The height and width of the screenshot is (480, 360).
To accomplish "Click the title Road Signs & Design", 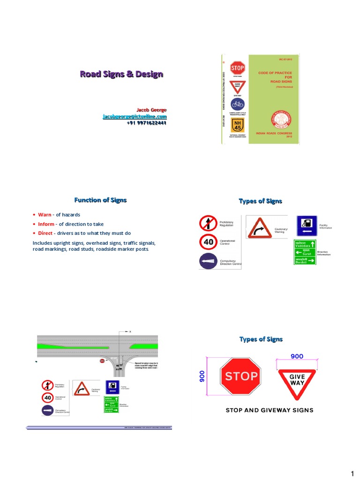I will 121,74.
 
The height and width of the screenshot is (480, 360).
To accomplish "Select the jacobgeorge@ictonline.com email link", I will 135,116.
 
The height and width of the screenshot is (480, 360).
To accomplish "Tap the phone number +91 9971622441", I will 146,123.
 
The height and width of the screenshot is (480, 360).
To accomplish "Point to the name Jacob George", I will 151,110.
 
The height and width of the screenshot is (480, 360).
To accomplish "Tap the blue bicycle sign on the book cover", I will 238,104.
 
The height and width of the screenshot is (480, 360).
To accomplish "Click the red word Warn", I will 45,215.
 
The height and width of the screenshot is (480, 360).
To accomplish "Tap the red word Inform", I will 46,224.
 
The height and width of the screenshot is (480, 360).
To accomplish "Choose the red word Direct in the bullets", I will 45,233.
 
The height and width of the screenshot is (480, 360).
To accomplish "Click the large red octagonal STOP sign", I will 241,375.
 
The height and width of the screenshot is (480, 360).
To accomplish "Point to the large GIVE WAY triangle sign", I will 297,380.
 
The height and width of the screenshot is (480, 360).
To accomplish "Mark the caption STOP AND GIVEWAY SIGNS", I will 270,410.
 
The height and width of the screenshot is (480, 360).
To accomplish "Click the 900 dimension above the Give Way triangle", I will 297,356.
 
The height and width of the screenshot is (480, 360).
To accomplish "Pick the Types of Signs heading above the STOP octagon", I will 261,339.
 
